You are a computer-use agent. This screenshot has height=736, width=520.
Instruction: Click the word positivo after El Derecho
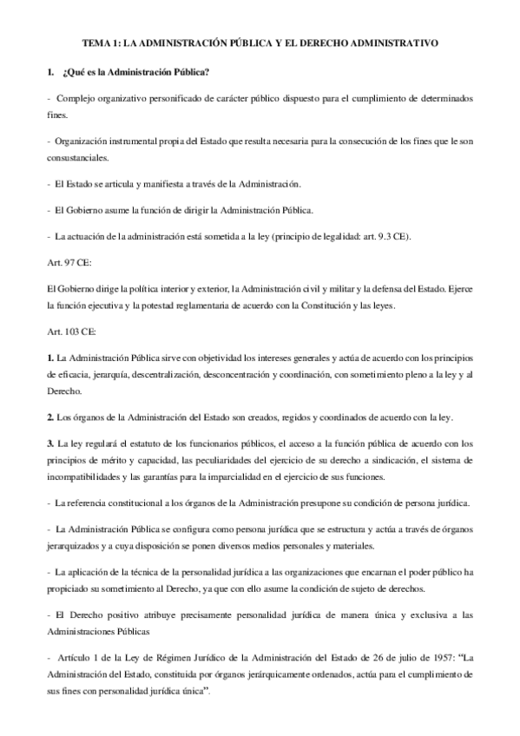pyautogui.click(x=116, y=614)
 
